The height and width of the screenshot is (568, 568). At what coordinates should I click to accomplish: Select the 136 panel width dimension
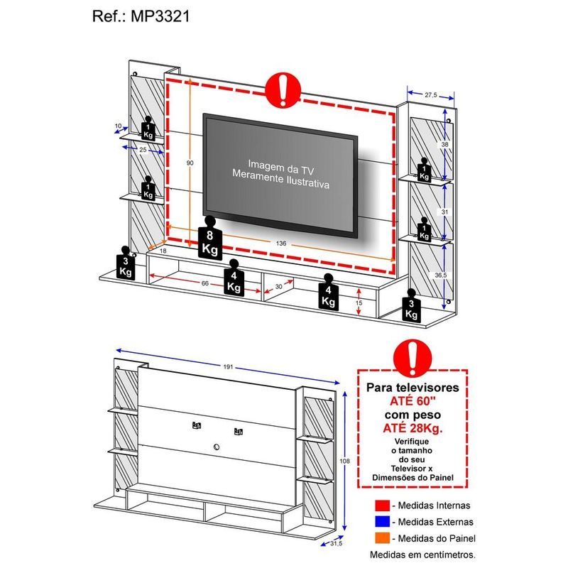[x=282, y=244]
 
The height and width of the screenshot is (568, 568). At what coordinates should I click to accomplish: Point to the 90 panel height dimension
[x=190, y=163]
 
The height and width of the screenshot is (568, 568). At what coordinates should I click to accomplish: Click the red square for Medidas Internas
[x=383, y=506]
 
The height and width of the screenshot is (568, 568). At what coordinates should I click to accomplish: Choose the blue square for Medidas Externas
[x=383, y=522]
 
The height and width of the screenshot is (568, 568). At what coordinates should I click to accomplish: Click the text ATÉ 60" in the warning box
[x=411, y=401]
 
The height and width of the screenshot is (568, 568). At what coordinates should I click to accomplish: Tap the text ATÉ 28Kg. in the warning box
[x=411, y=427]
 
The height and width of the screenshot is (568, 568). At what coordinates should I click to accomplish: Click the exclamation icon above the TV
[x=282, y=92]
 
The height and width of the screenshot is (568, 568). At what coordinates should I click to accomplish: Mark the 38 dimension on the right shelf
[x=444, y=143]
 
